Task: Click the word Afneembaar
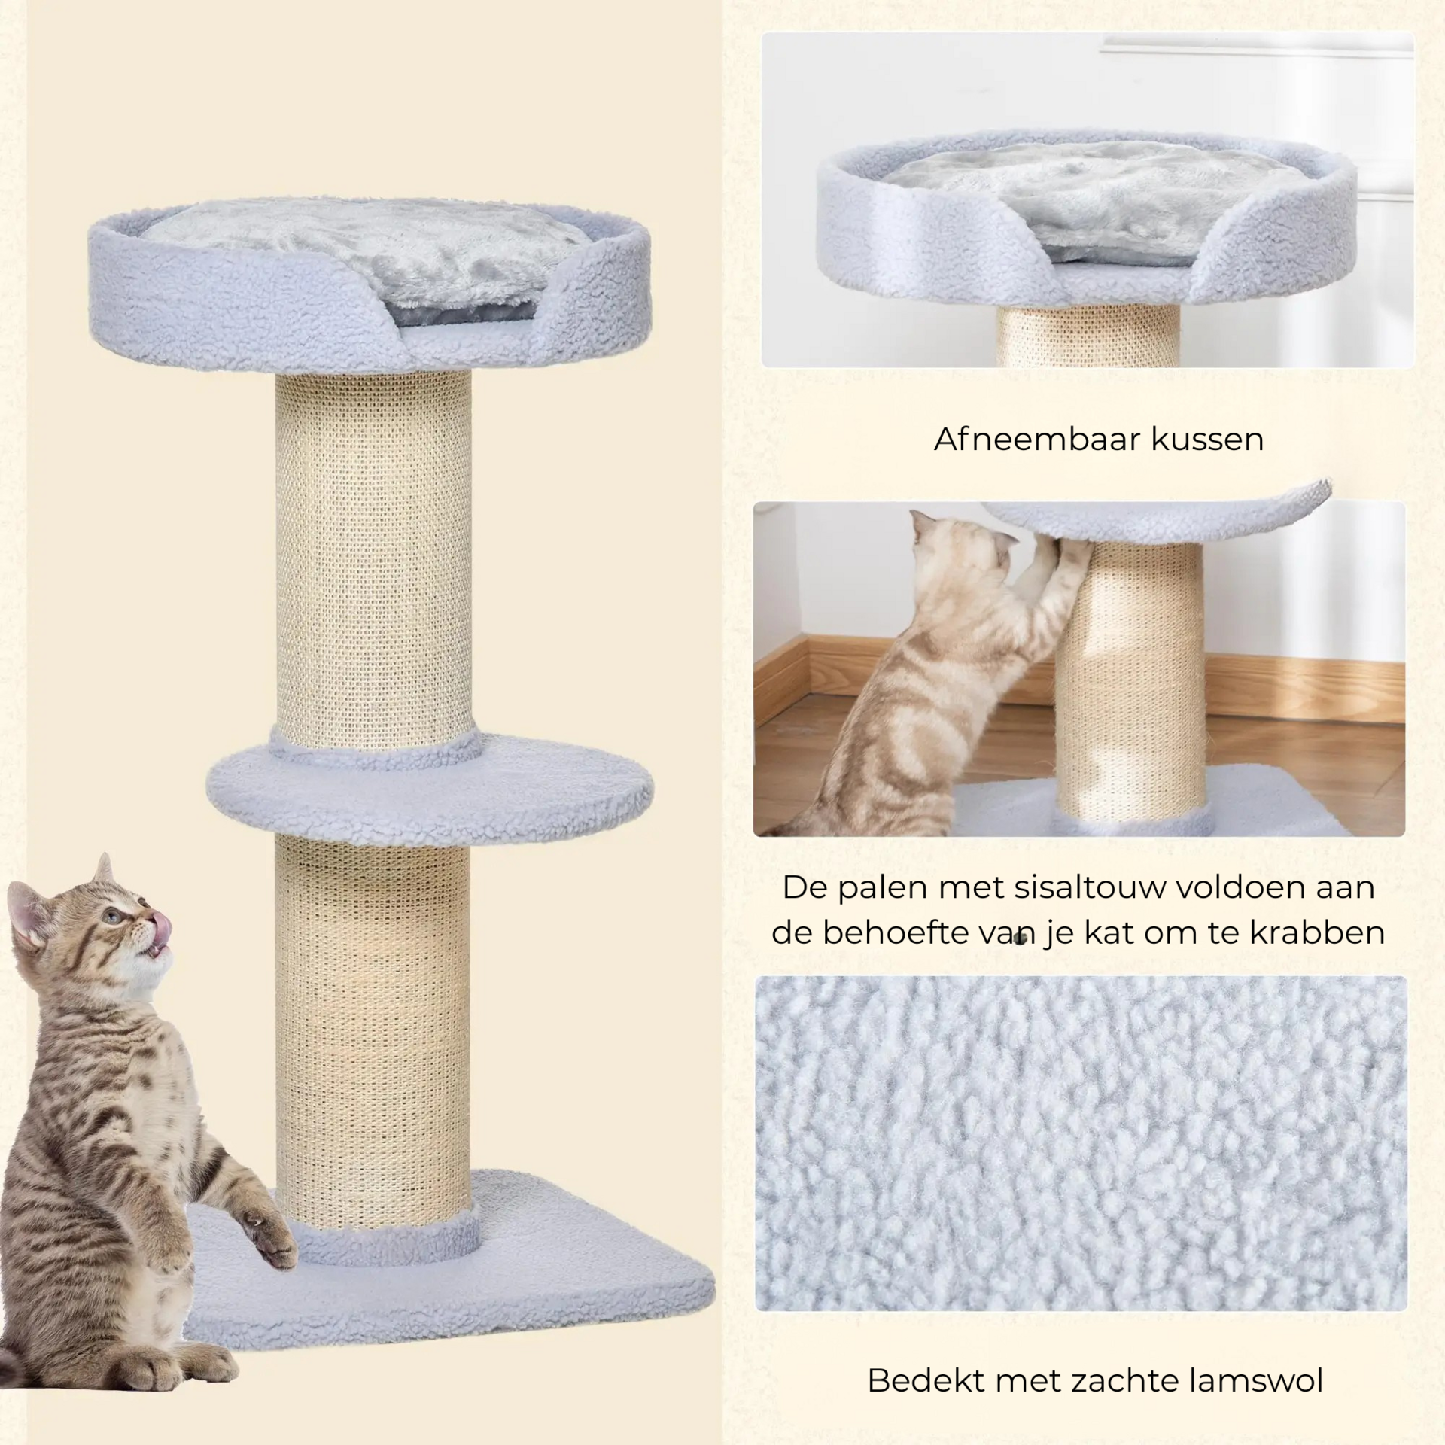point(1026,440)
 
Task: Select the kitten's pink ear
point(34,914)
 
